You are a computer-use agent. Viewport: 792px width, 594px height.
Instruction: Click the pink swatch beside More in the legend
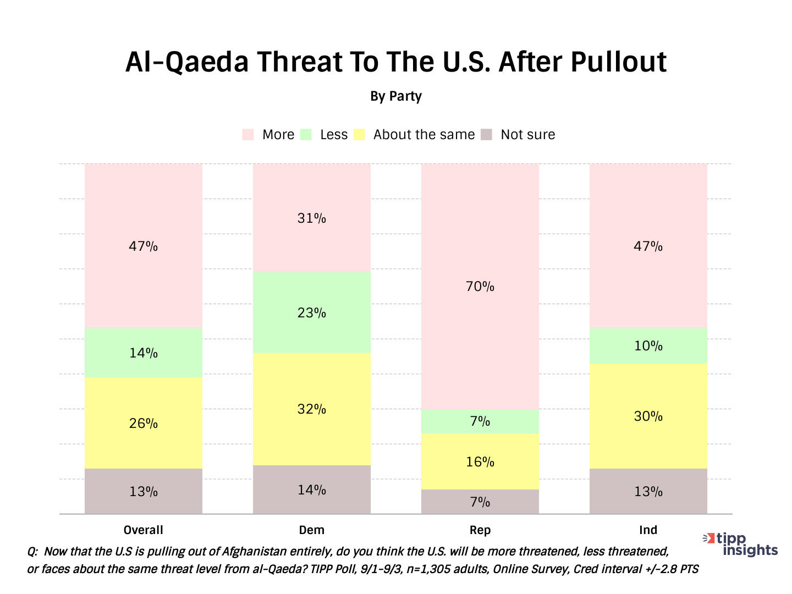(x=248, y=135)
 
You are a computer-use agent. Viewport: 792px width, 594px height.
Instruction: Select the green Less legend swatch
(x=306, y=135)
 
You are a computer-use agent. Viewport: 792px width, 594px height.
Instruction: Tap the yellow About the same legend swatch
(x=359, y=135)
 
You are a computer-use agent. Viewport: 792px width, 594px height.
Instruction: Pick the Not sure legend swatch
(x=486, y=135)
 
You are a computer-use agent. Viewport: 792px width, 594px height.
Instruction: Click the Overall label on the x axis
(x=143, y=530)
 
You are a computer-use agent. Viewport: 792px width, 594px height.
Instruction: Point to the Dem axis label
(x=311, y=530)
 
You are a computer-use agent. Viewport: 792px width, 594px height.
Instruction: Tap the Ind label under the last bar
(x=648, y=530)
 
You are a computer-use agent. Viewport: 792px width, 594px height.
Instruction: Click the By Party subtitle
(x=396, y=96)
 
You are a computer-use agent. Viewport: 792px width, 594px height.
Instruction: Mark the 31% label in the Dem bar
(x=311, y=218)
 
